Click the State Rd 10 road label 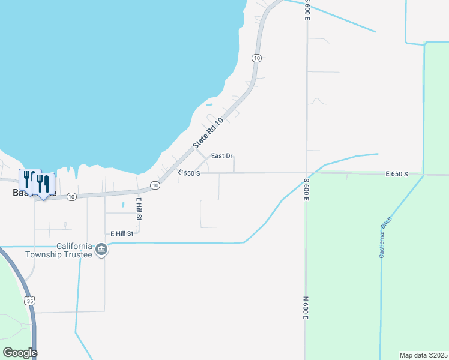tap(208, 134)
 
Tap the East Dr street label tap(221, 156)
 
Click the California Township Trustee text tap(58, 250)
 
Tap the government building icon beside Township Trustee tap(101, 250)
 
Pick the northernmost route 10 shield tap(256, 58)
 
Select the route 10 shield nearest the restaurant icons tap(71, 196)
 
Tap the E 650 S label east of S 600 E tap(397, 174)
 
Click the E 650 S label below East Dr tap(189, 173)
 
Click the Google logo tap(19, 353)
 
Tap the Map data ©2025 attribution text tap(423, 355)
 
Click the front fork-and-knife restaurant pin tap(43, 183)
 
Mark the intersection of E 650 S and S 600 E tap(306, 173)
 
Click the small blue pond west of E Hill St tap(123, 205)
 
